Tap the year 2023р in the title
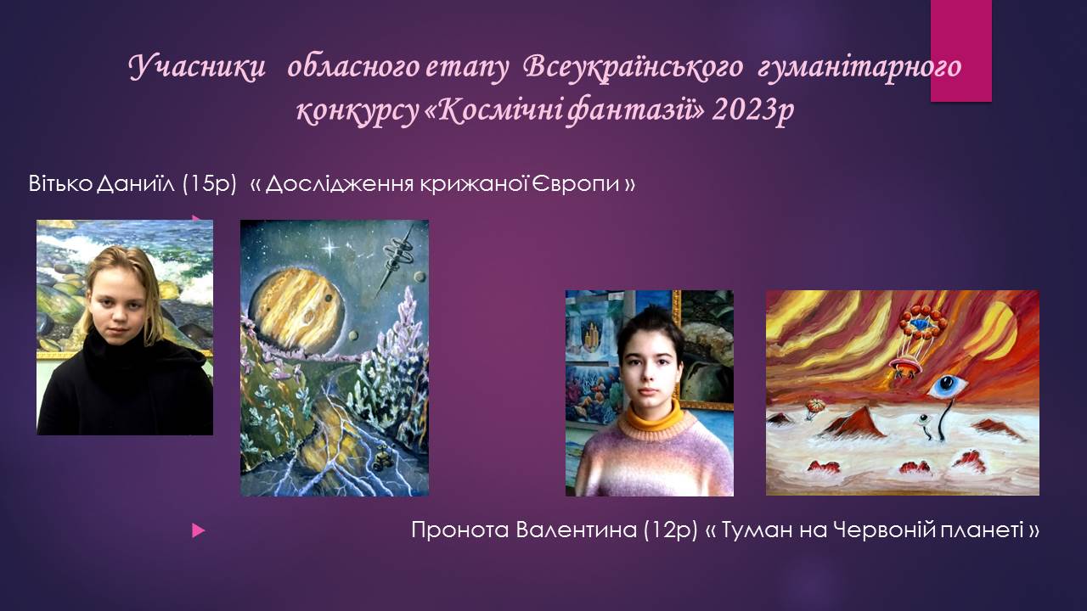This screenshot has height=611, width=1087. point(753,111)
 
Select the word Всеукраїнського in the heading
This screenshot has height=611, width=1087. point(634,68)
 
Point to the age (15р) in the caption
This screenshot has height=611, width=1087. point(209,184)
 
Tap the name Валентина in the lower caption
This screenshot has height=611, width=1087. point(576,530)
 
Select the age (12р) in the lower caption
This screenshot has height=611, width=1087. point(670,530)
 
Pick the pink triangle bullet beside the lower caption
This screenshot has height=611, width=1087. point(198,530)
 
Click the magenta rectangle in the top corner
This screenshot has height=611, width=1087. point(960,50)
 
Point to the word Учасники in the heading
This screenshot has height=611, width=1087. point(198,68)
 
